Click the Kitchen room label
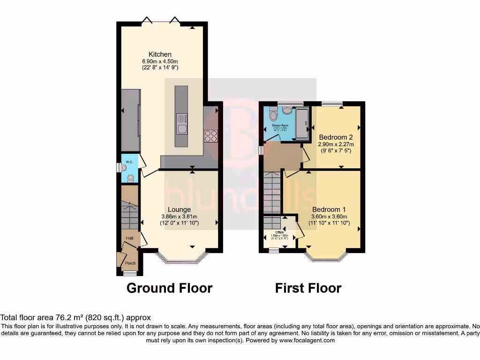click(x=160, y=54)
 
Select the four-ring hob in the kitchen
click(x=210, y=135)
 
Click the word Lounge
click(x=179, y=210)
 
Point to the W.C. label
click(x=129, y=162)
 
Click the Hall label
click(x=129, y=238)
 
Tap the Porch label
click(x=130, y=263)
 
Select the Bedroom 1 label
click(x=329, y=210)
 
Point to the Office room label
click(x=279, y=232)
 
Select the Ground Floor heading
click(x=169, y=288)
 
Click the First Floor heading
click(x=308, y=288)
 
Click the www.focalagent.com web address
click(x=307, y=340)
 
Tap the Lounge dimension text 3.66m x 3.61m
click(x=179, y=217)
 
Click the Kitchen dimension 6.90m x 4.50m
click(x=160, y=61)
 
